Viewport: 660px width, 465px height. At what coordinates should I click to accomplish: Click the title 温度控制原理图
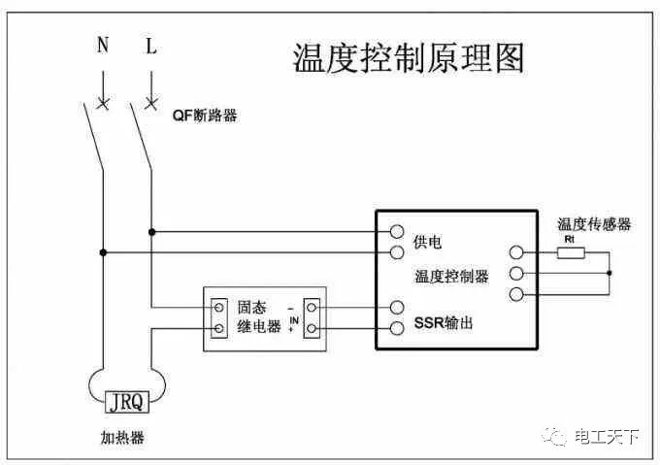coord(409,58)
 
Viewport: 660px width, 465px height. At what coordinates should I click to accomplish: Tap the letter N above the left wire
coord(103,46)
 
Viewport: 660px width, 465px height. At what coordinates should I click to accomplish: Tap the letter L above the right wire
coord(150,46)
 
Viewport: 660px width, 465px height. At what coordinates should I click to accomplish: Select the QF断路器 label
coord(205,116)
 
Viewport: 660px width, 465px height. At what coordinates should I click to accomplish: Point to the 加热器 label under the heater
coord(122,438)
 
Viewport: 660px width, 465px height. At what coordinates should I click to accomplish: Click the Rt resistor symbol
coord(571,253)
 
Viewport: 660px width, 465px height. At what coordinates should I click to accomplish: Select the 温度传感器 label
coord(594,224)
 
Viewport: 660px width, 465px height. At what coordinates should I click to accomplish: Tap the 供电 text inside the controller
coord(428,241)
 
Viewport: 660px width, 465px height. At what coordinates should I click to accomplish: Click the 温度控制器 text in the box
coord(451,277)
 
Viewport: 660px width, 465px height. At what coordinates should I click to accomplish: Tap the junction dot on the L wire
coord(151,232)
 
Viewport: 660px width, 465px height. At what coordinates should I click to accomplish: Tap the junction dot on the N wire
coord(103,253)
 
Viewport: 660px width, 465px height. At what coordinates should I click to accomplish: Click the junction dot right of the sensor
coord(610,273)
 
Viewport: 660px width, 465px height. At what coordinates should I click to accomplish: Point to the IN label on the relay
coord(292,316)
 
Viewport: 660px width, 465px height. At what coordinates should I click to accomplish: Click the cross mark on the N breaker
coord(103,101)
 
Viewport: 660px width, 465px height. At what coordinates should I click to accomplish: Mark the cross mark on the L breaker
coord(150,101)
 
